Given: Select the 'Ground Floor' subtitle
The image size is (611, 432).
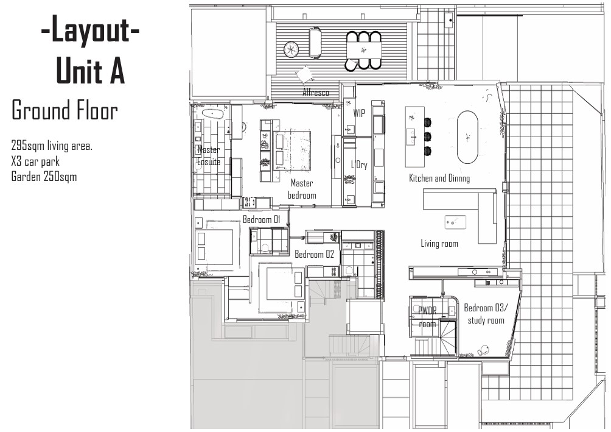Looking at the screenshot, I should [64, 111].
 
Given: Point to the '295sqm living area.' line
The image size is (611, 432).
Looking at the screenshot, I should [51, 146].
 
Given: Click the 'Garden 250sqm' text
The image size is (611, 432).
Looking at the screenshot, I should [44, 177].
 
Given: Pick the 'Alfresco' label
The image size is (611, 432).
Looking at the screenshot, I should [316, 93].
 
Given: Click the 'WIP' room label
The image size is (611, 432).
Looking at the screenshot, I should [359, 113].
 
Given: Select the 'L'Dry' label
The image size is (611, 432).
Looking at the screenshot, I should [359, 165].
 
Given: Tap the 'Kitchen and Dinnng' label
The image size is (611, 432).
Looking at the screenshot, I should [439, 178].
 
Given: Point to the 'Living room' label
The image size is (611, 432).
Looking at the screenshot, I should [439, 244].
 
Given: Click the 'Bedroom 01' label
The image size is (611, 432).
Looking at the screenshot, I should [261, 219].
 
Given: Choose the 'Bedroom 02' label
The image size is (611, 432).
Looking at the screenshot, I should [314, 254].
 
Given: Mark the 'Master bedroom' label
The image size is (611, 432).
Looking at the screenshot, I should [302, 189].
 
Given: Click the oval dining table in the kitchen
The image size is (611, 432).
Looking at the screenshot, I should [467, 136].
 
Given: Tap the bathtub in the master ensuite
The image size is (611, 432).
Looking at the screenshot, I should [212, 114].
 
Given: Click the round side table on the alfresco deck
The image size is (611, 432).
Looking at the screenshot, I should [291, 48].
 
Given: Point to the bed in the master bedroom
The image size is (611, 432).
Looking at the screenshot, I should [292, 150].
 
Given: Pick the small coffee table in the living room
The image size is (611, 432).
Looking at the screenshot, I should [455, 222].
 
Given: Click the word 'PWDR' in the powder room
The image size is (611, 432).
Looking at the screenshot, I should [427, 310].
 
